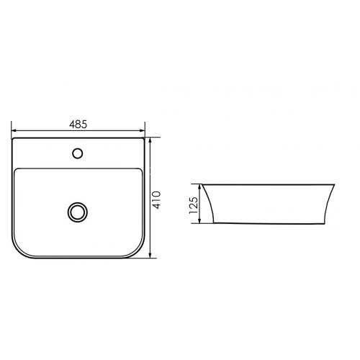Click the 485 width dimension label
click(78, 125)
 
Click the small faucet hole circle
click(77, 153)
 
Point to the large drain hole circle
click(77, 212)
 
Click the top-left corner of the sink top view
click(14, 140)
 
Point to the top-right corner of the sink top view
click(143, 140)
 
